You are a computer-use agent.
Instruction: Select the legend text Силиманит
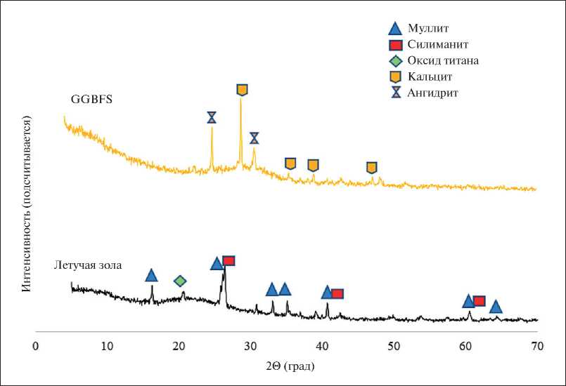click(437, 45)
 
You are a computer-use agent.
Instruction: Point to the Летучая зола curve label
click(89, 265)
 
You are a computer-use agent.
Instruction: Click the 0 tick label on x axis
click(35, 346)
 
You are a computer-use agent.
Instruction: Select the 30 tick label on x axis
click(250, 346)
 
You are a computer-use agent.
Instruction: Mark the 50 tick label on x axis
click(394, 346)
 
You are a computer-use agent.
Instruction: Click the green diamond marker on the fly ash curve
click(180, 281)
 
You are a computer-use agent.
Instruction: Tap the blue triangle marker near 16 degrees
click(151, 275)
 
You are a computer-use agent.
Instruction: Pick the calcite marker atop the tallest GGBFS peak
click(242, 90)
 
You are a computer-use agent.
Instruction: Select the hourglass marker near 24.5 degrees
click(212, 117)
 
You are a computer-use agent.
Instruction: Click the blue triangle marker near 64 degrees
click(496, 307)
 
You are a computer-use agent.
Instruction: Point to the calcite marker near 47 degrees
click(371, 167)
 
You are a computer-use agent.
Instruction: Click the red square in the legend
click(395, 45)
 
